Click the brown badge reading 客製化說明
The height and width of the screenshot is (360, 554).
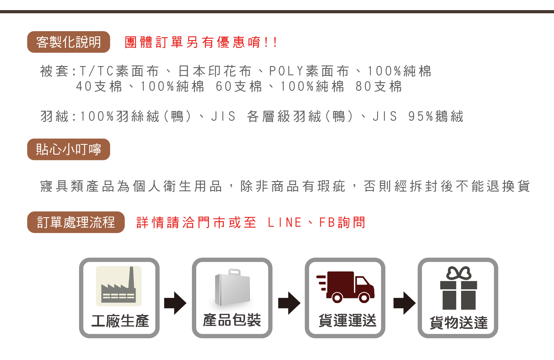(68, 42)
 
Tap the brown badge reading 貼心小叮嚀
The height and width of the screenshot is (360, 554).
(68, 149)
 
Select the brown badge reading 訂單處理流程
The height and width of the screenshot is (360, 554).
(76, 222)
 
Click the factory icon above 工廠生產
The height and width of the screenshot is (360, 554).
(119, 286)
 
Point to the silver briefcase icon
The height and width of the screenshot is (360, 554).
(232, 288)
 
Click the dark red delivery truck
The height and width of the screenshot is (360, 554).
(345, 287)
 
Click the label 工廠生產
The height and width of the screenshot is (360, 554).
(120, 321)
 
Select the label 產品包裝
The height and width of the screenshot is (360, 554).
(232, 320)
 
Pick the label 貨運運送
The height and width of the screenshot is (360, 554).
(347, 320)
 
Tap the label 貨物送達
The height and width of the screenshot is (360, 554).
(458, 322)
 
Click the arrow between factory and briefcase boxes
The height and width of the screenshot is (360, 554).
(175, 303)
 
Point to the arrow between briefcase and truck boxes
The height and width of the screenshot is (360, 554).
(289, 303)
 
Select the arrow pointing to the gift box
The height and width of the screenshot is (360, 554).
(404, 303)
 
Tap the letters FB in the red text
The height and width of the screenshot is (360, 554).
(327, 223)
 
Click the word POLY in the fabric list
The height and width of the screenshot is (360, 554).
(286, 71)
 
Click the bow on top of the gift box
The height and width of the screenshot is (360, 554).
(458, 273)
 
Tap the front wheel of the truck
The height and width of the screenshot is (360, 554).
(364, 297)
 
